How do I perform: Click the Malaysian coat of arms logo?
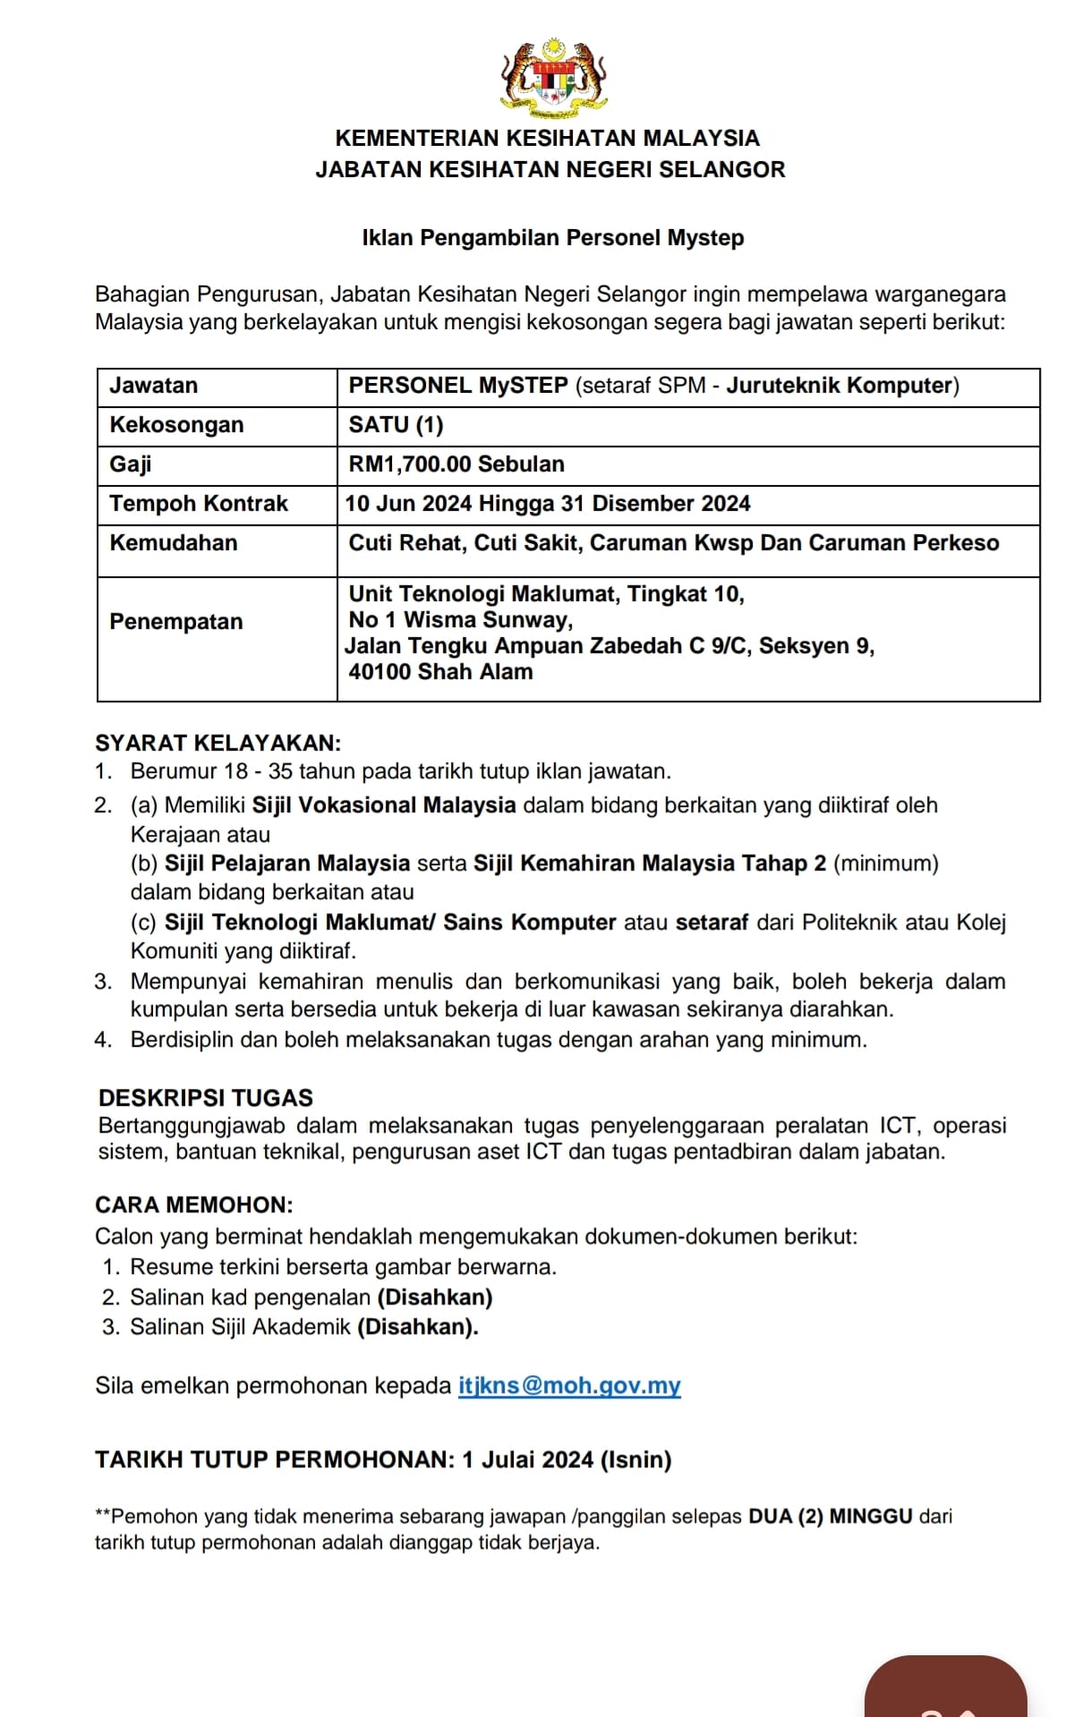click(x=553, y=79)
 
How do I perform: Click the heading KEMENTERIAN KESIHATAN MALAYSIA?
click(x=547, y=138)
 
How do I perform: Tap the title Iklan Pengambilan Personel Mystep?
click(x=552, y=238)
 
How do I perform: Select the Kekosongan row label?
click(x=176, y=425)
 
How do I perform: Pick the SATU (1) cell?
click(x=396, y=425)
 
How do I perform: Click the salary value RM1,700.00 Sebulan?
click(x=456, y=464)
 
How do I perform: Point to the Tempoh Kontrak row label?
click(x=199, y=504)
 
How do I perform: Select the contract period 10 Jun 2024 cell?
click(x=547, y=504)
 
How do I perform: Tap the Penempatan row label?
click(x=175, y=622)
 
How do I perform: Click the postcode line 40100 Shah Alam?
click(x=440, y=672)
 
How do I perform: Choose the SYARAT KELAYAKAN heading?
click(x=217, y=744)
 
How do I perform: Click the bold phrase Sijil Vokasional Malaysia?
click(x=384, y=805)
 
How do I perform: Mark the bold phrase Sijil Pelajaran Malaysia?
click(x=286, y=863)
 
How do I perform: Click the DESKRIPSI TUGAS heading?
click(x=206, y=1098)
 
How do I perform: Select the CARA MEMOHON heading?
click(x=194, y=1205)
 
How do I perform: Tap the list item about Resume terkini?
click(x=343, y=1267)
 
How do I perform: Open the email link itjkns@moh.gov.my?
click(x=569, y=1386)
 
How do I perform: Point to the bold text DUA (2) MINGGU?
click(x=830, y=1517)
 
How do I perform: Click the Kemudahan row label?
click(x=174, y=543)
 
